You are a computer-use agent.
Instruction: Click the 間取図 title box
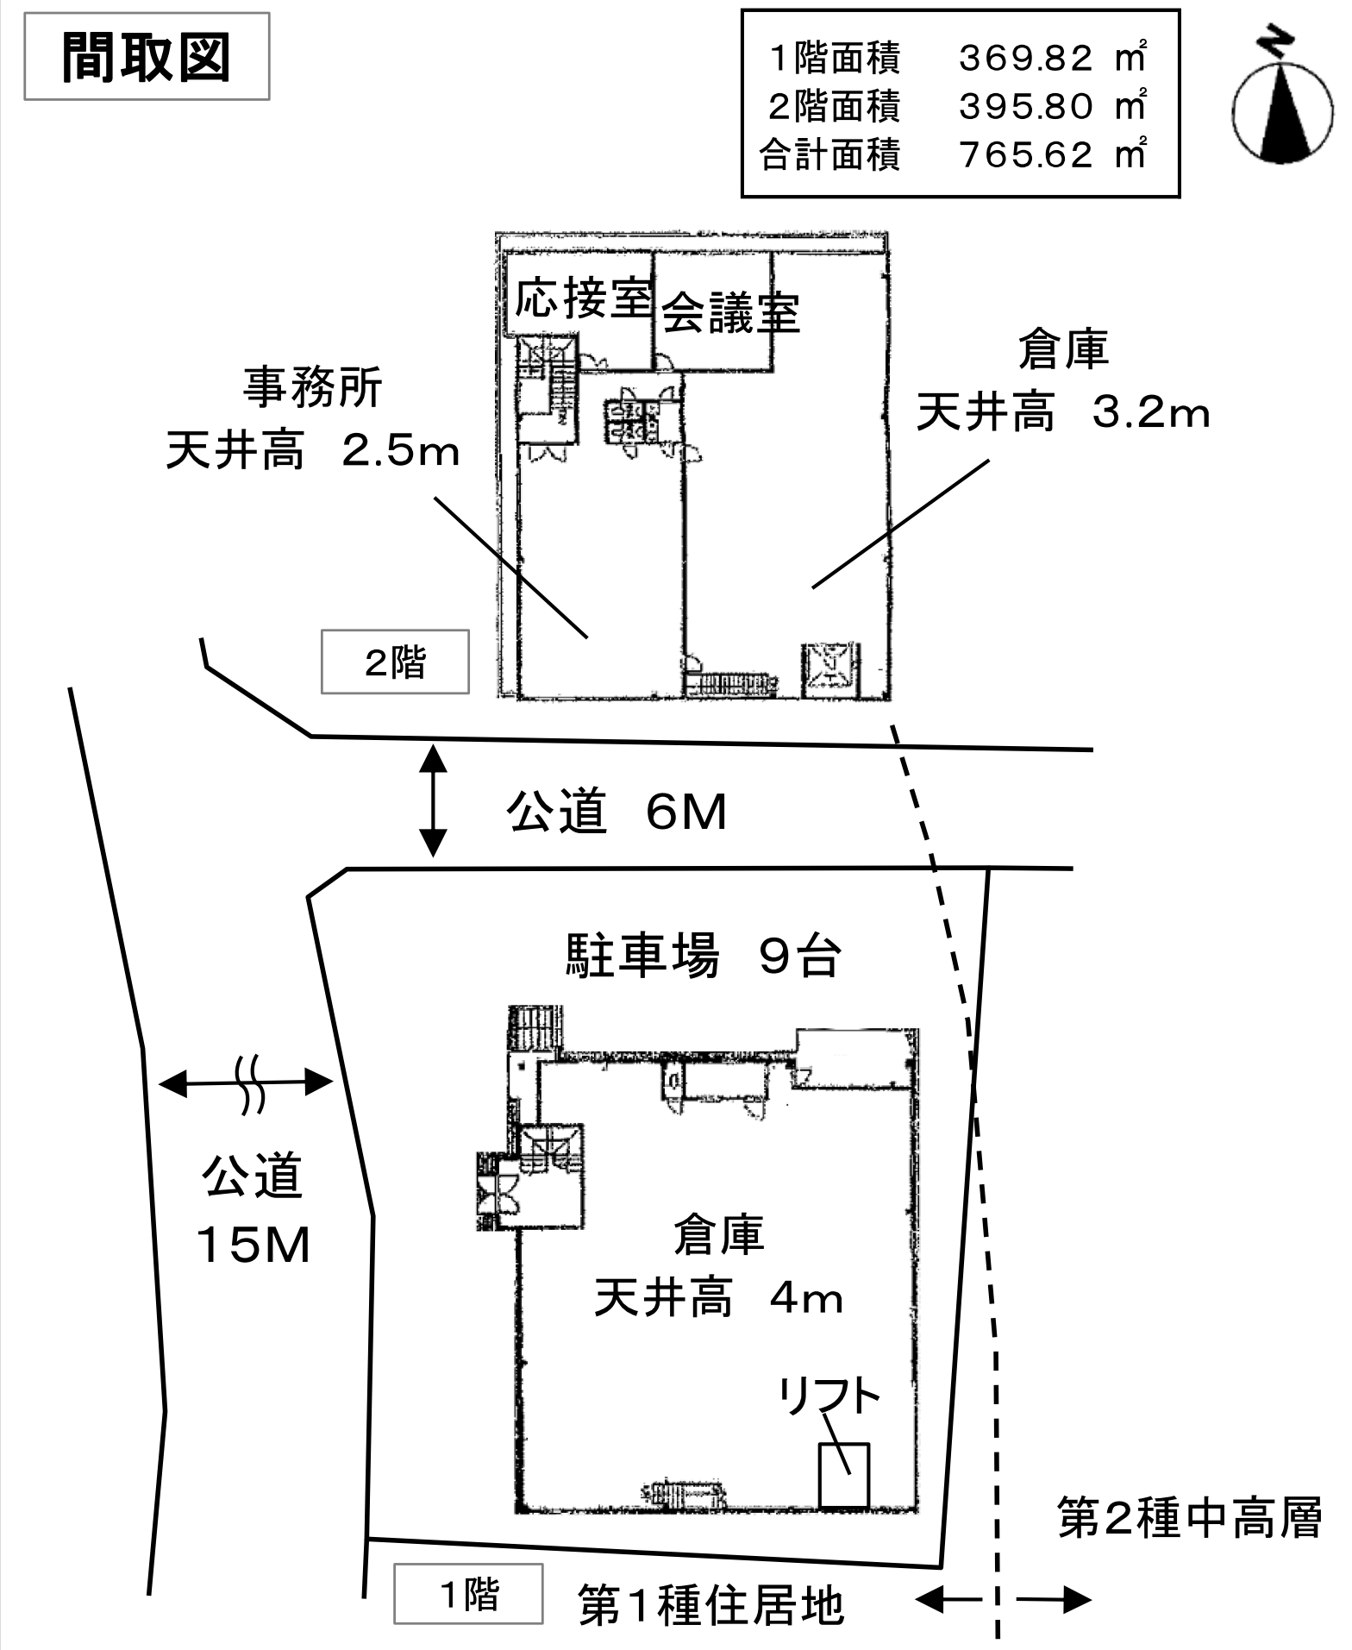point(147,57)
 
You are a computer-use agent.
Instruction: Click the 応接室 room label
point(583,299)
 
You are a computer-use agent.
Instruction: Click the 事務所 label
point(312,387)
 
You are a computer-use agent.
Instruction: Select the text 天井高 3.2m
point(1062,413)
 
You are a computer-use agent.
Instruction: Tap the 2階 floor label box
point(395,662)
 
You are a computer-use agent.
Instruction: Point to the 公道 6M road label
point(617,812)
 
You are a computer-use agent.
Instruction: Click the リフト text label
point(829,1396)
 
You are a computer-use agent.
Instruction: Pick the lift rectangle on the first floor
point(843,1475)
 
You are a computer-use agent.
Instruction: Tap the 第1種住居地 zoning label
point(710,1605)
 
